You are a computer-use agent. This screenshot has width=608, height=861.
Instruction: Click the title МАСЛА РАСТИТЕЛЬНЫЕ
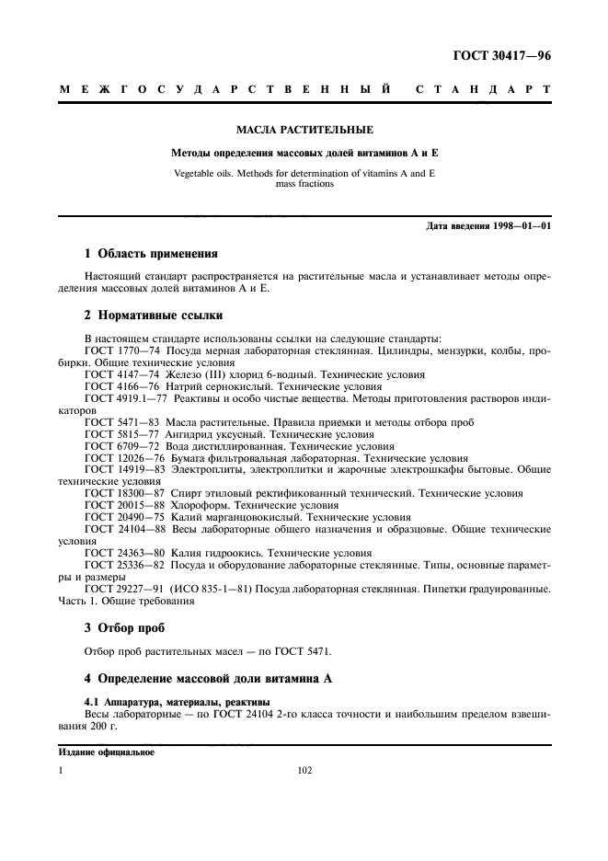tap(304, 130)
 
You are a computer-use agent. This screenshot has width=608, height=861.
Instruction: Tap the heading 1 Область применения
tap(151, 253)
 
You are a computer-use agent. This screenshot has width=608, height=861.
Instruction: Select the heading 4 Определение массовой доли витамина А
tap(207, 679)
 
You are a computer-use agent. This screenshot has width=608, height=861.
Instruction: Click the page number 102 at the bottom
tap(304, 771)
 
